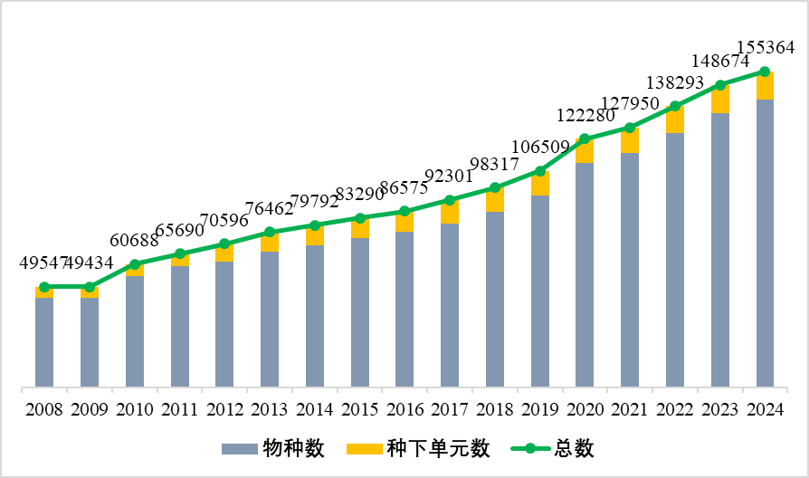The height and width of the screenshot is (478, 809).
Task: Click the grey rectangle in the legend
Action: point(239,449)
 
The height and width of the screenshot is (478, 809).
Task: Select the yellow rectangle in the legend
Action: point(364,449)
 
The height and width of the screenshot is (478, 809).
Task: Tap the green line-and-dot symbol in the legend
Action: point(530,448)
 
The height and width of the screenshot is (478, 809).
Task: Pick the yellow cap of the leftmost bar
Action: point(44,293)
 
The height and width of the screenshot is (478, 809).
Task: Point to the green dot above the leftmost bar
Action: point(44,287)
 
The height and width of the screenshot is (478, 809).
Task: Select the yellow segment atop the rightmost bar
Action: point(765,87)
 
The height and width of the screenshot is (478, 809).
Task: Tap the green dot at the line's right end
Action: point(765,72)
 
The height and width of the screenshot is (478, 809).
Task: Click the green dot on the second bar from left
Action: point(90,287)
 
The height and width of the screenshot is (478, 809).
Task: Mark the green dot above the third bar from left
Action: point(135,264)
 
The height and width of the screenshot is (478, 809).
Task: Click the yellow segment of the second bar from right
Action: point(720,100)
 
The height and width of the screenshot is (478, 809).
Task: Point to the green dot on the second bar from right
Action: point(720,85)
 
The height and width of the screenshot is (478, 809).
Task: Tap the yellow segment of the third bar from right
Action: point(675,121)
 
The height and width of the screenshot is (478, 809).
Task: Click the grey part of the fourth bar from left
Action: point(180,326)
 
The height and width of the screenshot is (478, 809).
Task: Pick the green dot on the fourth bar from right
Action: point(630,128)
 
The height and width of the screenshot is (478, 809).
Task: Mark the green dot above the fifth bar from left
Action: point(224,244)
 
